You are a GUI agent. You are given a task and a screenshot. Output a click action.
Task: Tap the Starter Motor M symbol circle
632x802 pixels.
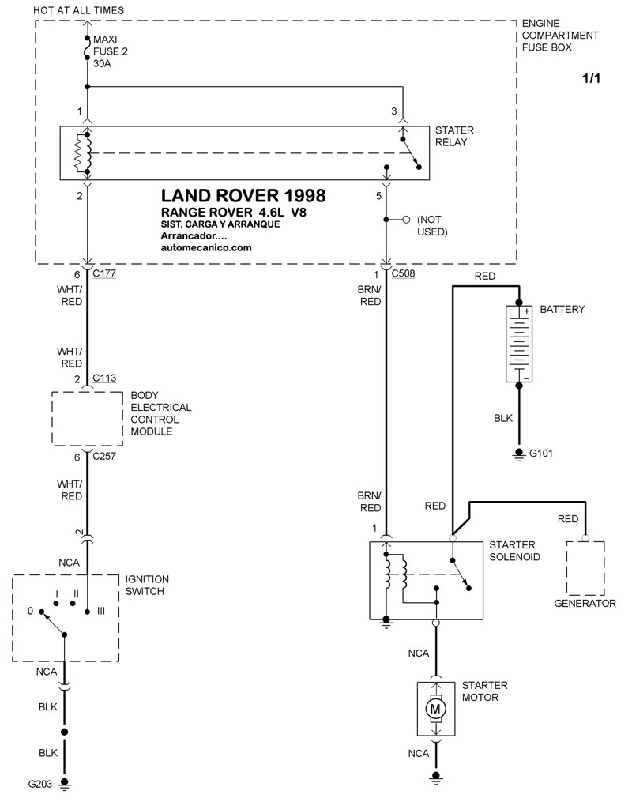[434, 710]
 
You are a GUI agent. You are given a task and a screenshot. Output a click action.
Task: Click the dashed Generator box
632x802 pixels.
[585, 567]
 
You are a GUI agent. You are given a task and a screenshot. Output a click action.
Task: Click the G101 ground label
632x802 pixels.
[542, 454]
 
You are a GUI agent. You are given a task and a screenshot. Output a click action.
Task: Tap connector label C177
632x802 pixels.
[104, 274]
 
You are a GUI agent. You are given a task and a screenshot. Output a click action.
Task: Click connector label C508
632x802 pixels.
[403, 274]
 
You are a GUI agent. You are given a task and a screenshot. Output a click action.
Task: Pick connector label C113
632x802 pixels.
[104, 378]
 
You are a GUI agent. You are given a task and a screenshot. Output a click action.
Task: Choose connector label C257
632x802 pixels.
[104, 456]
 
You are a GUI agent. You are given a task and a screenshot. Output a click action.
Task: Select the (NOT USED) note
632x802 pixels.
[432, 225]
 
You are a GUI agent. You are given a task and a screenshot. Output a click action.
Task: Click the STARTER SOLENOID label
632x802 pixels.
[514, 551]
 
